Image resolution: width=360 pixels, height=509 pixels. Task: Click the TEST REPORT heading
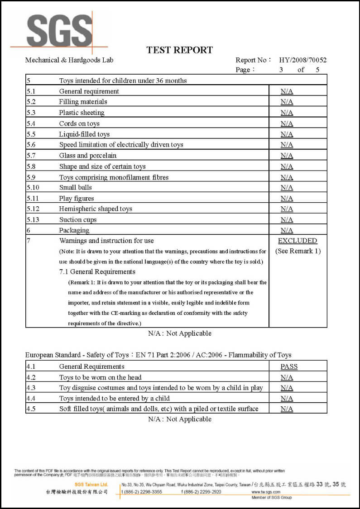179,50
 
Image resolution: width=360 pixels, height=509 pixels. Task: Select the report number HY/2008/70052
303,60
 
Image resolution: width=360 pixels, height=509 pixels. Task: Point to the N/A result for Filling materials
287,102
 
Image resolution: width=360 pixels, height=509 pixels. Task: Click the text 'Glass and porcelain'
88,156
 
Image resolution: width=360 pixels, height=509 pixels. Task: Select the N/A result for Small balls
287,187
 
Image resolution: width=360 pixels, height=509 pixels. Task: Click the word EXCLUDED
298,241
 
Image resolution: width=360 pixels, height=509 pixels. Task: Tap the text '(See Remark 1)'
298,251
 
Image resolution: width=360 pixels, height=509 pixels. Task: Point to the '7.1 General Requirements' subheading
97,272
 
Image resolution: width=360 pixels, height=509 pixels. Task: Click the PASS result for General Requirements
289,366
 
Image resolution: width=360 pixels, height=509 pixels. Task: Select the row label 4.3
31,388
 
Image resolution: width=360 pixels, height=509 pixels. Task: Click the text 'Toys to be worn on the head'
101,377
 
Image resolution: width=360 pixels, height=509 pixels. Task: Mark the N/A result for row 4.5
287,409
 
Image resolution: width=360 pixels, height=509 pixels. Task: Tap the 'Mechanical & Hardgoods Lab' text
69,60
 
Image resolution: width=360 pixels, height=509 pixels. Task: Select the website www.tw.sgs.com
266,492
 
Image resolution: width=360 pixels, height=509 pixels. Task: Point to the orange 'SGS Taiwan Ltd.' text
91,485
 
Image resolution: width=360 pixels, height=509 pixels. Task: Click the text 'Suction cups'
78,220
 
